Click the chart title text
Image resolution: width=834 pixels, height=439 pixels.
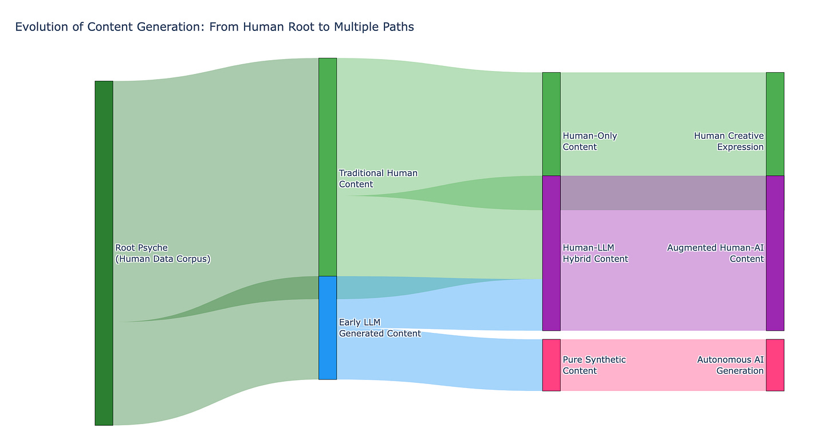[214, 27]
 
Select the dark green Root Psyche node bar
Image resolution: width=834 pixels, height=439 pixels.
[104, 253]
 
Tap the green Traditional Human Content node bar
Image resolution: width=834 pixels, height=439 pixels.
[327, 167]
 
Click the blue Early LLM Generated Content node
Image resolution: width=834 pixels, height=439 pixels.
[327, 327]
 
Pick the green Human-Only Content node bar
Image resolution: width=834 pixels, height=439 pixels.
[551, 124]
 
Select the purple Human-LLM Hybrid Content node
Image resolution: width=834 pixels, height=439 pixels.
[551, 253]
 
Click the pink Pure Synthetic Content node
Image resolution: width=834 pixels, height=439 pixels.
[551, 364]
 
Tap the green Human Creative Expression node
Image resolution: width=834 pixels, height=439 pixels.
[774, 124]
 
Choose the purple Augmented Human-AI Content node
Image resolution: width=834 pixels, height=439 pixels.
[774, 253]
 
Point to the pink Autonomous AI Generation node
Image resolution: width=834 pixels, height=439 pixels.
[774, 364]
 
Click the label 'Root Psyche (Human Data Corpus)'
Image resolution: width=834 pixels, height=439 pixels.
[163, 253]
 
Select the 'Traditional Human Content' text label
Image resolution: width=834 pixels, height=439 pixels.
[378, 178]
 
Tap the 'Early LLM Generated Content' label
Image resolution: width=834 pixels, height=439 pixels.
[380, 328]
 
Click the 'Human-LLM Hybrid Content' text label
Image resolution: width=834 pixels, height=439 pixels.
[595, 253]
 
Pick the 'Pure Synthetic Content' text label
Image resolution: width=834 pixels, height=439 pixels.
[594, 365]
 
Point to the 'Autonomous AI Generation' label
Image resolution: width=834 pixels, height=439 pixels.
[730, 365]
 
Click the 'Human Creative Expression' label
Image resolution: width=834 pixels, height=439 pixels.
[729, 141]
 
